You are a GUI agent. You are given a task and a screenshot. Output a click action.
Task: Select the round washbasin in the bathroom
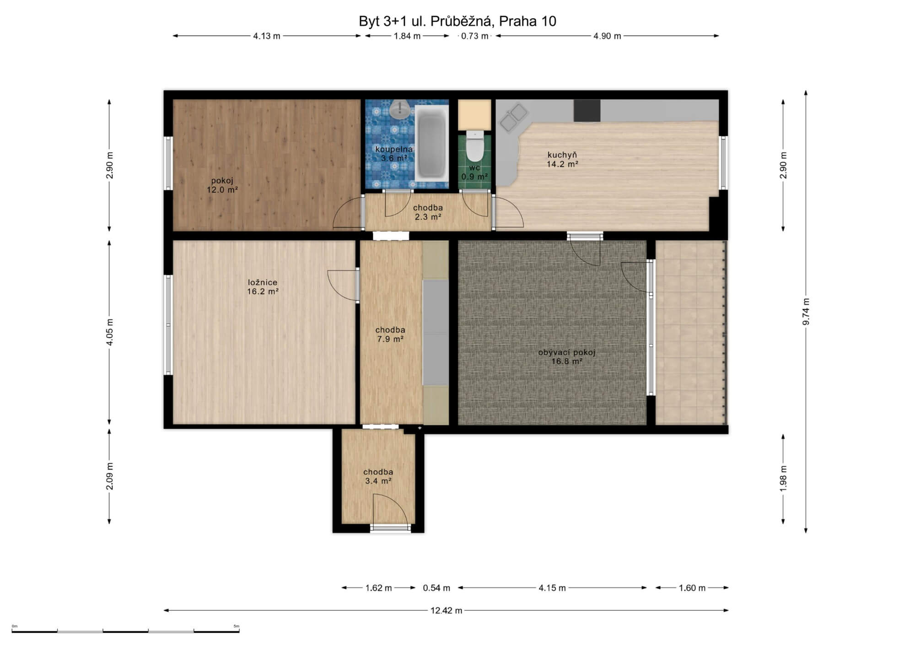click(x=400, y=109)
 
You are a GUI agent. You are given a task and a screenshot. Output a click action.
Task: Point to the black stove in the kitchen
click(x=587, y=111)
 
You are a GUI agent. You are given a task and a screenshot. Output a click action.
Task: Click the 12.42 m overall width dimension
click(x=446, y=610)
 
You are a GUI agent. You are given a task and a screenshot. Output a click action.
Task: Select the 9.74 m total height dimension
click(x=806, y=312)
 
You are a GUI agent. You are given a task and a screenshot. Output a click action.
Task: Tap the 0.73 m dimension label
click(x=475, y=36)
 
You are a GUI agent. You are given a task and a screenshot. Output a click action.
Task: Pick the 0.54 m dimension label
click(x=436, y=588)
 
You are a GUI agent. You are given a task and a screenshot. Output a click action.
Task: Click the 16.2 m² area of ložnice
click(x=263, y=291)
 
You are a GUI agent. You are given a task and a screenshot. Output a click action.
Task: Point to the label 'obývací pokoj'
click(x=567, y=352)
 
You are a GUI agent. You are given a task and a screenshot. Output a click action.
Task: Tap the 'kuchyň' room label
click(x=562, y=155)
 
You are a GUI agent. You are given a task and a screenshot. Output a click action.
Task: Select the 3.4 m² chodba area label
click(x=378, y=481)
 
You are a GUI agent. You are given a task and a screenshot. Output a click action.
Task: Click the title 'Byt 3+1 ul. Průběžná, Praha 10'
click(x=457, y=21)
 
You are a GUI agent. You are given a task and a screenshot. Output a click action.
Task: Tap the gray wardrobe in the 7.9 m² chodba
click(x=436, y=333)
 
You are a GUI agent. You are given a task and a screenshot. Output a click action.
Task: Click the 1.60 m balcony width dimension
click(x=692, y=588)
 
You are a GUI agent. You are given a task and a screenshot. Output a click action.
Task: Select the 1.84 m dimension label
click(x=407, y=36)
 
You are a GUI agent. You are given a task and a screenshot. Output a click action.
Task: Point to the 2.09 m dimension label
click(x=109, y=476)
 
